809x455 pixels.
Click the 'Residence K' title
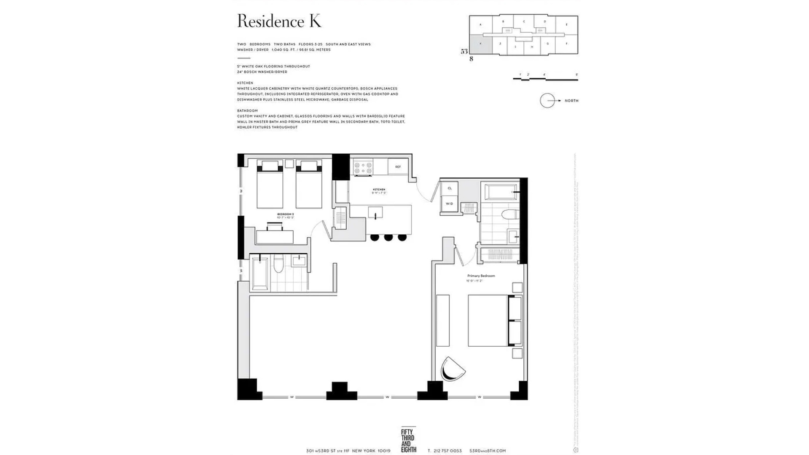point(279,21)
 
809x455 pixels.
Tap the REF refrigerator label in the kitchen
point(398,167)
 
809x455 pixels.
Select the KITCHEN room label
point(379,190)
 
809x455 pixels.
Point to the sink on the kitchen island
point(375,213)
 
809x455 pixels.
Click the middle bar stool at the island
point(388,238)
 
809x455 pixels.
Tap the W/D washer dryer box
point(449,204)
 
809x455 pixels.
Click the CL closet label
point(450,188)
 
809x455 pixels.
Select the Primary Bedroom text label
point(481,276)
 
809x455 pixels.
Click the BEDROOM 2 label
point(285,214)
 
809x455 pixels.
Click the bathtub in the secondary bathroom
point(260,273)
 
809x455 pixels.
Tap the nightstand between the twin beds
point(289,164)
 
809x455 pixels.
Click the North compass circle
point(547,101)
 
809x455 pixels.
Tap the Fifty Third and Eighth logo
point(408,441)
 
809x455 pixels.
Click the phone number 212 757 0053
point(447,451)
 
